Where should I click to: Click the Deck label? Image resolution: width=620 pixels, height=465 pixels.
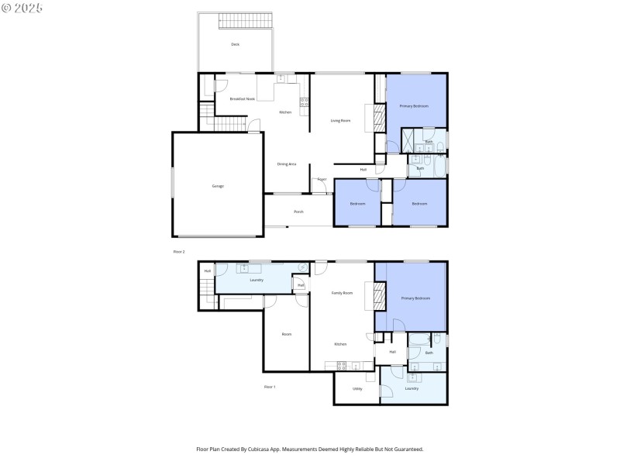pos(235,44)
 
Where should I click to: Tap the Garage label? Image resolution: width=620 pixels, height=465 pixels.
pos(218,186)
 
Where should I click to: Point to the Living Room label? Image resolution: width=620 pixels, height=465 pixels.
pos(340,120)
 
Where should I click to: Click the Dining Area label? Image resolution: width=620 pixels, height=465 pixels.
pos(287,164)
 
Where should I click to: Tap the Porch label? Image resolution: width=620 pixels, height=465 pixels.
pos(298,212)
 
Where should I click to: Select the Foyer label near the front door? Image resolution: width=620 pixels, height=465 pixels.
pos(321,179)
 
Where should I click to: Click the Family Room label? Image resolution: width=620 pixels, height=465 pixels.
pos(342,293)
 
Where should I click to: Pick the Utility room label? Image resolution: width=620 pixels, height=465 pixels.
pos(357,389)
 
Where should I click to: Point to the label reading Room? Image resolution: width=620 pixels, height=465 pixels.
pos(286,334)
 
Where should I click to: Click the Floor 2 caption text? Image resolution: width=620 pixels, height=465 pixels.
pos(179,252)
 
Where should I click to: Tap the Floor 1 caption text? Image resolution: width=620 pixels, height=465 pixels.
pos(269,386)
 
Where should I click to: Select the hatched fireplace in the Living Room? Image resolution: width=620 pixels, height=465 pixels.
pos(380,119)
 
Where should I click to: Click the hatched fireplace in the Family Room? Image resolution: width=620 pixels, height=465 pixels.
pos(380,296)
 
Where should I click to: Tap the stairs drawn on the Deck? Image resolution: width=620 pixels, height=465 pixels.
pos(248,21)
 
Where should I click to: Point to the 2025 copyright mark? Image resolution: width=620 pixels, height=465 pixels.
pos(22,8)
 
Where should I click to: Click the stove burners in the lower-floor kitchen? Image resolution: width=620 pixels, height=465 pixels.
pos(342,365)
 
